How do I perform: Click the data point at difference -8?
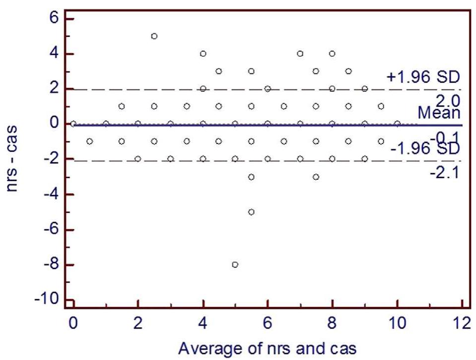[x=235, y=265]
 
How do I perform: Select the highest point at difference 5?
[x=154, y=36]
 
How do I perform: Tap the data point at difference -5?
[x=251, y=212]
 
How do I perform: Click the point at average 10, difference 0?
[x=397, y=123]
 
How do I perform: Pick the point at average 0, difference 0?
[x=73, y=123]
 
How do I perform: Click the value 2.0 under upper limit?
[x=450, y=101]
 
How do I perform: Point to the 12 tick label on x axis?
[x=462, y=323]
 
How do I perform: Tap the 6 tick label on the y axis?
[x=54, y=18]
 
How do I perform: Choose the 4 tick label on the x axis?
[x=203, y=323]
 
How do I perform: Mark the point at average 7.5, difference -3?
[x=316, y=177]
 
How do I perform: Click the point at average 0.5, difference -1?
[x=89, y=141]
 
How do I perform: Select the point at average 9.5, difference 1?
[x=381, y=106]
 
